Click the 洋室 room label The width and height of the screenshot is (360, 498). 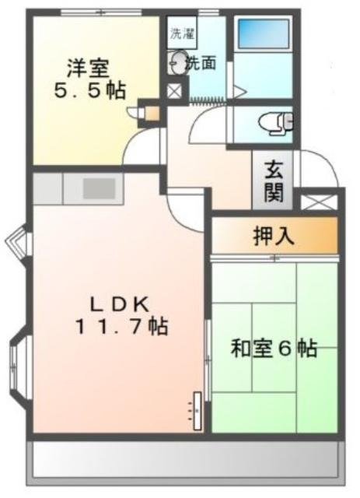click(85, 67)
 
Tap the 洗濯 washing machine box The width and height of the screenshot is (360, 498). click(180, 34)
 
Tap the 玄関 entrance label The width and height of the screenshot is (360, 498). click(273, 181)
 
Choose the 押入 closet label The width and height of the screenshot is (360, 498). click(274, 237)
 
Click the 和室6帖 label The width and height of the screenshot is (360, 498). click(273, 349)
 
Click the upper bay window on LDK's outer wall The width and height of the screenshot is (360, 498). click(17, 243)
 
